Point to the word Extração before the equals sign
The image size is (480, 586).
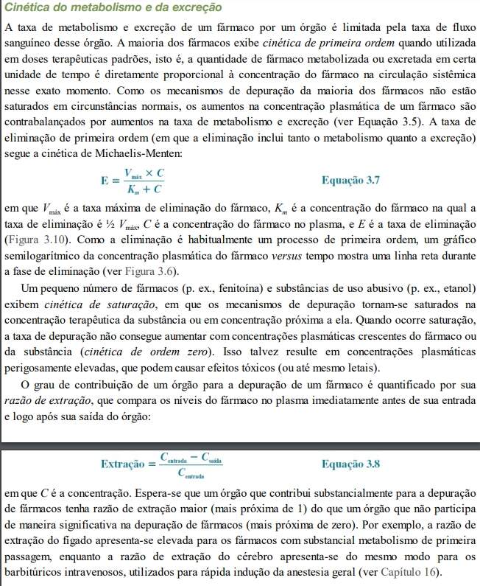point(122,464)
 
